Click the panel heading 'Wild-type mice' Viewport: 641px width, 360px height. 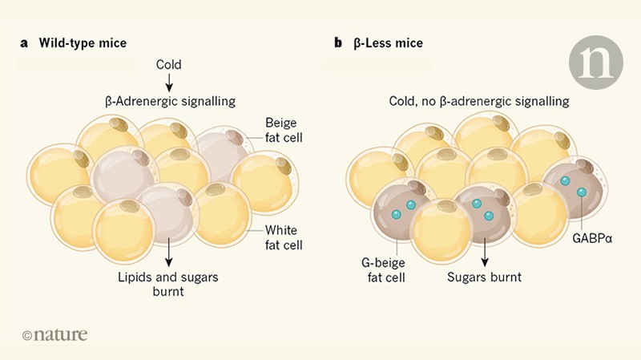[83, 43]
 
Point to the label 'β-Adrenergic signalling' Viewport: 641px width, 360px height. [169, 101]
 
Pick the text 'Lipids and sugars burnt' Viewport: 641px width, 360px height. [169, 285]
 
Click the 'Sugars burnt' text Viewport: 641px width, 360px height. [483, 277]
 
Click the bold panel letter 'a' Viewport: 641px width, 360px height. [24, 43]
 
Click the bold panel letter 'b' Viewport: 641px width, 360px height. [338, 43]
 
